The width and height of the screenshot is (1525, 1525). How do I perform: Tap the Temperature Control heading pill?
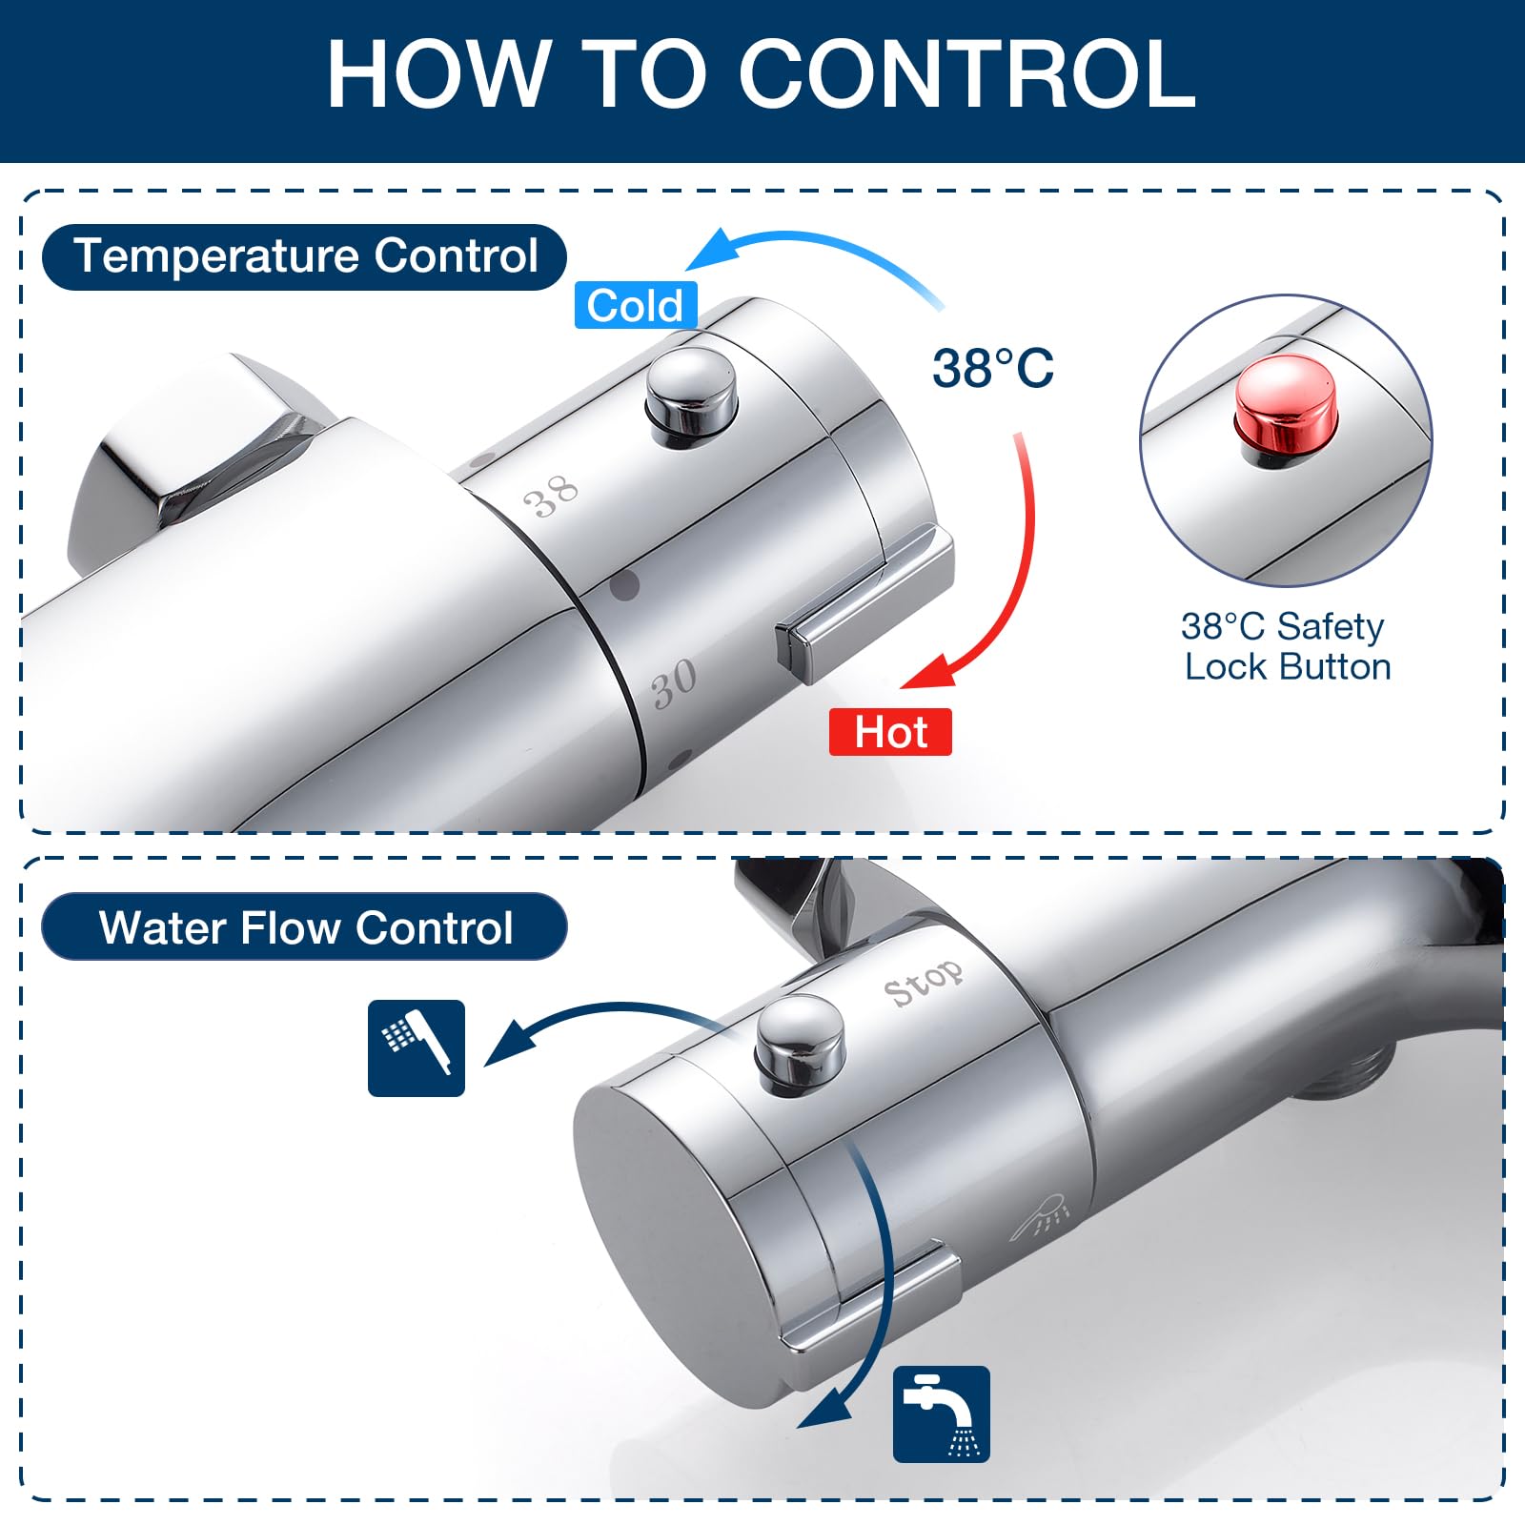click(305, 256)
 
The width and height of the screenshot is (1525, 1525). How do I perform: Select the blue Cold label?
click(636, 306)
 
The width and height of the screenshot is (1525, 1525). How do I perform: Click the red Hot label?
click(890, 732)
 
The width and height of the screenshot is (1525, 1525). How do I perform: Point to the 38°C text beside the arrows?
click(993, 368)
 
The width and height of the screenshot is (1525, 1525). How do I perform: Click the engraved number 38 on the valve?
click(551, 496)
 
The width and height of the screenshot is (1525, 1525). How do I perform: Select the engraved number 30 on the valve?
click(674, 682)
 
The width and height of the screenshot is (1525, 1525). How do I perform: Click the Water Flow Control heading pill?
click(305, 926)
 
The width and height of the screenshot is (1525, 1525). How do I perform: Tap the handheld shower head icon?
click(417, 1048)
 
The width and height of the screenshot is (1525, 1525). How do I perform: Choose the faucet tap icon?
click(942, 1414)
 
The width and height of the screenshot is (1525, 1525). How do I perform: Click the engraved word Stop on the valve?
click(923, 982)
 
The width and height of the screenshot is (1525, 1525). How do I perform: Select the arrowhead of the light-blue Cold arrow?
click(713, 250)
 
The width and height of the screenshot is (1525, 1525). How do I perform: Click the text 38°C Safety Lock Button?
click(1287, 646)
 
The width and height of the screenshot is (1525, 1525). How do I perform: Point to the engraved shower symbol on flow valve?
click(1041, 1216)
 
